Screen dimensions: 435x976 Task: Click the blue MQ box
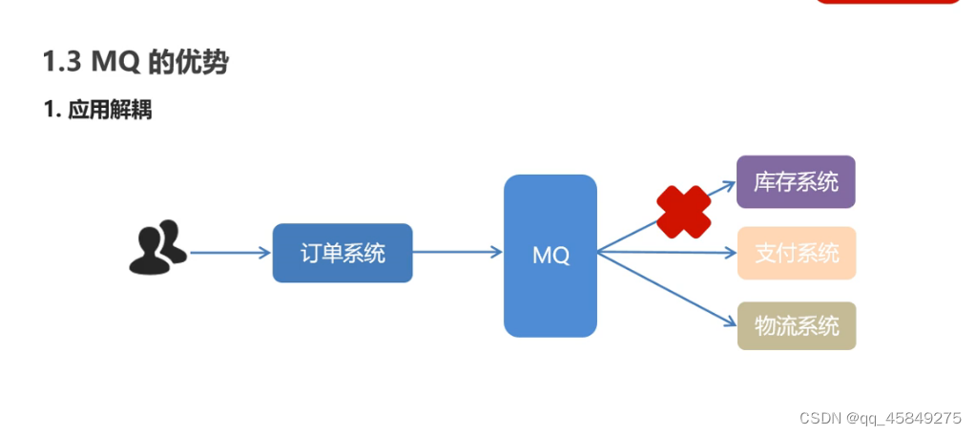550,256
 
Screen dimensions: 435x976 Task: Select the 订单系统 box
343,253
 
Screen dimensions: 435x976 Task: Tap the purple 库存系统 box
796,181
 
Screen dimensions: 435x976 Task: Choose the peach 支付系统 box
796,253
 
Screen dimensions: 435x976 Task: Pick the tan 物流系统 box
796,325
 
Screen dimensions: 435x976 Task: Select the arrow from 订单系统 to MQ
456,253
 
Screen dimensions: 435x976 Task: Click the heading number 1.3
62,63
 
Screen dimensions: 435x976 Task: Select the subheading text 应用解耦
110,110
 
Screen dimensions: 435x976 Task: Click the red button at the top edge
887,3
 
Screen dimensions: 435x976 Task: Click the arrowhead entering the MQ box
496,253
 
